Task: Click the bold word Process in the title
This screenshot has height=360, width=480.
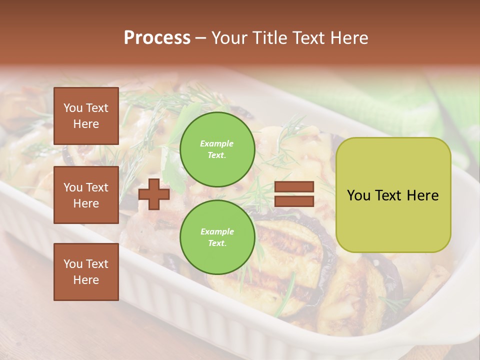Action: (157, 38)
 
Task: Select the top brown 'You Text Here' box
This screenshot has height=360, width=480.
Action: (86, 116)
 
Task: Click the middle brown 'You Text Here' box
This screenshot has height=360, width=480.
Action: (86, 195)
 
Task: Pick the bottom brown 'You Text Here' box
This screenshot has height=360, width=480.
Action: (86, 272)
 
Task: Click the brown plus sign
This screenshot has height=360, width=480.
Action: (153, 194)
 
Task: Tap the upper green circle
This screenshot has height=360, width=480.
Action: (217, 149)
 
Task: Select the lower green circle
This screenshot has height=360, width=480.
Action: (217, 237)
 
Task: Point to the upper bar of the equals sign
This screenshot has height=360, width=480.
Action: (294, 187)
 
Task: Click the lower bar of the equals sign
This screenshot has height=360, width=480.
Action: (294, 201)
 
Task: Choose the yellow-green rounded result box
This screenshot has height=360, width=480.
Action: (393, 195)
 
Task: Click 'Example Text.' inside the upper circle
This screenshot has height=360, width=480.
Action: (217, 149)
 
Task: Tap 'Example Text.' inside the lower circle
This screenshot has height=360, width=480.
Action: (217, 237)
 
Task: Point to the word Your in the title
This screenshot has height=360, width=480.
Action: (230, 38)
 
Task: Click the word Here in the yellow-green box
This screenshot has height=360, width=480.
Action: (422, 195)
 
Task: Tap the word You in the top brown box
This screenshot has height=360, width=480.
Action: (73, 108)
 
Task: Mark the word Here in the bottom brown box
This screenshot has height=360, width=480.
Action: (86, 280)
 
